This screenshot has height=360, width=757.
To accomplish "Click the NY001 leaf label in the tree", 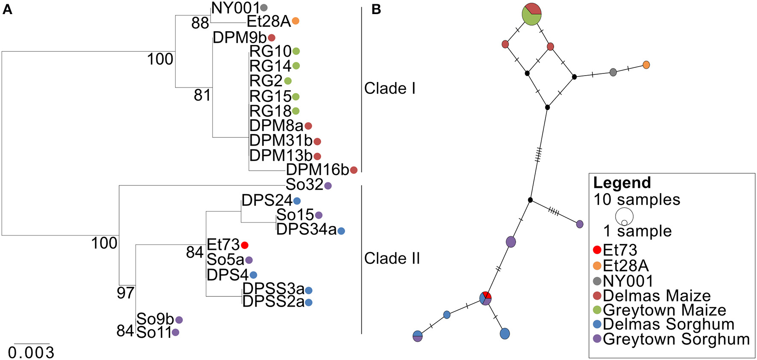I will [x=235, y=7].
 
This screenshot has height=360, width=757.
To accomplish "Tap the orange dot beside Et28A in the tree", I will [x=295, y=20].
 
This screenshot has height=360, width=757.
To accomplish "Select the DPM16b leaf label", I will [x=317, y=170].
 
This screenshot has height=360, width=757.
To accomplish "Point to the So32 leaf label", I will [x=305, y=184].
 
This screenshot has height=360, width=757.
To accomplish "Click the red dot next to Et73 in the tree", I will [x=244, y=245].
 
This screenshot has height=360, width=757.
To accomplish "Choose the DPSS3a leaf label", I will [x=273, y=289].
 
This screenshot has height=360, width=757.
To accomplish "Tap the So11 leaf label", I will [x=154, y=332].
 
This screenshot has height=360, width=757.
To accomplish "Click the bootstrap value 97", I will [x=126, y=293].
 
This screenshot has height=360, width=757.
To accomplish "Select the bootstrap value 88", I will [x=200, y=23].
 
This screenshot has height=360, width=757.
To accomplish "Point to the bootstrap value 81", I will [x=202, y=95].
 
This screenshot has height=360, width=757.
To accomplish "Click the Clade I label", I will [x=390, y=88].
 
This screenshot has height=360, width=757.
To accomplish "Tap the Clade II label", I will [x=392, y=258].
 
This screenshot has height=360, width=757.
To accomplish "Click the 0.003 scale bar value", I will [x=31, y=353].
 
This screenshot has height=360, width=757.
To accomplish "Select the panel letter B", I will [x=376, y=9].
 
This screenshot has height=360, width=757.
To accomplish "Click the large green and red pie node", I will [x=532, y=14].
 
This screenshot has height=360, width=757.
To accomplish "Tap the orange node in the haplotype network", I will [x=646, y=65].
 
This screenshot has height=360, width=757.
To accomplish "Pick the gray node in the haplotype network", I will [x=613, y=72].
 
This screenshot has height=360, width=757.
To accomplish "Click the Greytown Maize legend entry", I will [x=664, y=310].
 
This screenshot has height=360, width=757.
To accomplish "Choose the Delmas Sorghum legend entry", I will [x=669, y=324].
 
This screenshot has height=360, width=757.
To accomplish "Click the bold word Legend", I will [x=622, y=183].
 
